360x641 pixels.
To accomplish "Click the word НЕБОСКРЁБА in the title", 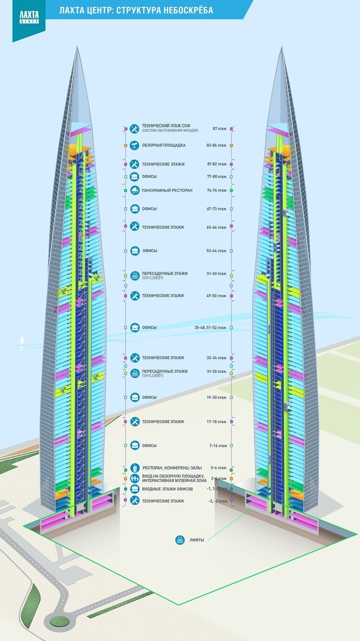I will point(185,10).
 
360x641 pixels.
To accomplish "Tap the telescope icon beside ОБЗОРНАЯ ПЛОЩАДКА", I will point(134,145).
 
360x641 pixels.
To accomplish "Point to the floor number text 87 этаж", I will point(219,129).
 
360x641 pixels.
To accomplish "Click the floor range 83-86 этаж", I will point(217,145).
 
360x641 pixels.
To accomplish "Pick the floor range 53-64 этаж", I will point(217,250).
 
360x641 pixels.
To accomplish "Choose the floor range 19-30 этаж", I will point(217,397).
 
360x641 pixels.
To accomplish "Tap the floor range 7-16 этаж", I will point(218,445).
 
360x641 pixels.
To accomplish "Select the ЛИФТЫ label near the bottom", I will point(197,539).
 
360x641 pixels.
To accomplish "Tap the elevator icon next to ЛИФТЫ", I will point(179,539).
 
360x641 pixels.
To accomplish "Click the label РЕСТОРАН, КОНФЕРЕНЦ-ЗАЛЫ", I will point(171,468).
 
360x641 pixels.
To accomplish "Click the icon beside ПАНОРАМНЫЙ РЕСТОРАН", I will point(134,190).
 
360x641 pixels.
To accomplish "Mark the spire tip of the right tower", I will point(282,49).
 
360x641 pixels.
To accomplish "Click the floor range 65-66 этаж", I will point(217,227).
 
